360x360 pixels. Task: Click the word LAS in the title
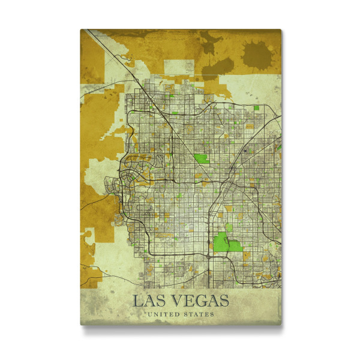pyautogui.click(x=146, y=300)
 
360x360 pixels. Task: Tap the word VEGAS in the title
pyautogui.click(x=197, y=300)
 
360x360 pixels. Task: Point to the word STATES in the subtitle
pyautogui.click(x=200, y=314)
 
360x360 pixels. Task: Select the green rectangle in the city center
pyautogui.click(x=201, y=160)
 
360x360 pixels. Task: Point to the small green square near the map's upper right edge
pyautogui.click(x=256, y=107)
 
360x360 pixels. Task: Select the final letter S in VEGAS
pyautogui.click(x=223, y=300)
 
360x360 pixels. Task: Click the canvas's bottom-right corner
pyautogui.click(x=280, y=324)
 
